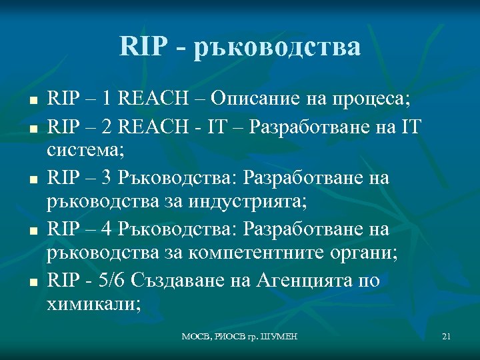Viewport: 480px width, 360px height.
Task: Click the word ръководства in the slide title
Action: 277,47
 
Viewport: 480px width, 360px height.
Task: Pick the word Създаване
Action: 173,280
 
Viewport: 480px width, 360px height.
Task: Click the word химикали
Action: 94,305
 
